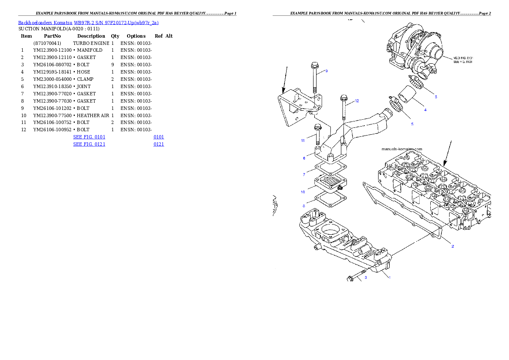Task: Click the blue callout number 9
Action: (326, 71)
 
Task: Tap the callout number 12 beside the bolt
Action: (357, 101)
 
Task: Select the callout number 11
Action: (303, 140)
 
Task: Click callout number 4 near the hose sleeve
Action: (425, 110)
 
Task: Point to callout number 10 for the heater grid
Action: (302, 192)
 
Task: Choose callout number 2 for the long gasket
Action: (453, 246)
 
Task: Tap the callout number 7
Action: (304, 174)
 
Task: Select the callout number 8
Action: (304, 206)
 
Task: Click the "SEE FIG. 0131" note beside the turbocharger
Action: (464, 60)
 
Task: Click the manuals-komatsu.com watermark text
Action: (401, 149)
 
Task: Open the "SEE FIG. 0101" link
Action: (89, 137)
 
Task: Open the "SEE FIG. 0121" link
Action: (89, 144)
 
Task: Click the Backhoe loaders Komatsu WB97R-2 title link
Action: (88, 23)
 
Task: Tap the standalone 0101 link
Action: (158, 137)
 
